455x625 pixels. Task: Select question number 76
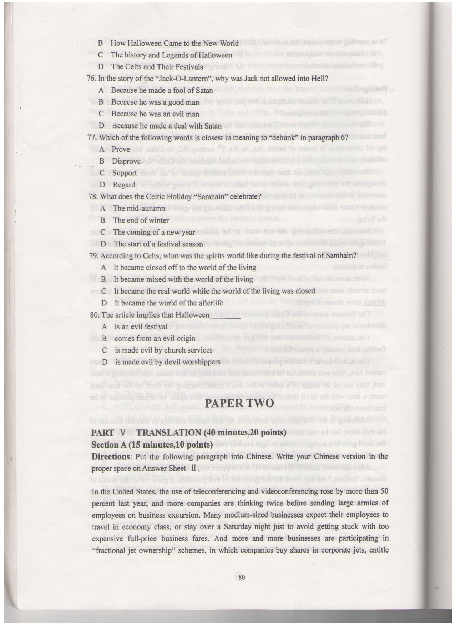tap(91, 79)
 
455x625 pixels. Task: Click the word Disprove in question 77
tap(126, 161)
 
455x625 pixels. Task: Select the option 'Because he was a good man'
tap(155, 102)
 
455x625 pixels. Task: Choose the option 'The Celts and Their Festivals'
tap(157, 67)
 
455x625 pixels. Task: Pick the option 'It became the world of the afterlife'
tap(168, 303)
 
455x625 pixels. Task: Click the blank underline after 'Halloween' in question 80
tap(225, 316)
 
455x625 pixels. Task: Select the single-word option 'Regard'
tap(124, 185)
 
